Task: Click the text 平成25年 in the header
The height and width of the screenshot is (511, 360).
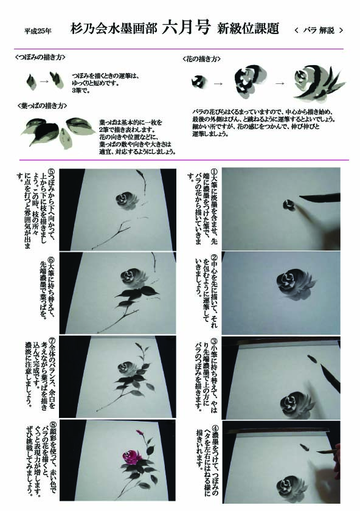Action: [x=38, y=31]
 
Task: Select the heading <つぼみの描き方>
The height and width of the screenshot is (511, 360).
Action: [x=40, y=57]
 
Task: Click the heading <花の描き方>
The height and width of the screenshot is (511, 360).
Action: [x=202, y=59]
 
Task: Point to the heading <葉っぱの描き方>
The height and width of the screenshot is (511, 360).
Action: [x=43, y=106]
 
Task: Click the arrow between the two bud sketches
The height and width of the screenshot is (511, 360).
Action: [x=44, y=80]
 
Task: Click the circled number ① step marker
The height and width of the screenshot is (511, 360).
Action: [x=213, y=172]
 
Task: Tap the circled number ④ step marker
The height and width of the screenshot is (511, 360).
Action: [x=215, y=428]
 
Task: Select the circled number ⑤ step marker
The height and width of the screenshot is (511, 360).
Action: [x=51, y=172]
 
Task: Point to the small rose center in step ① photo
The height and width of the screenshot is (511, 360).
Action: [x=289, y=204]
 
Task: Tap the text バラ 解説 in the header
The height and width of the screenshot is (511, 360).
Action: [x=318, y=30]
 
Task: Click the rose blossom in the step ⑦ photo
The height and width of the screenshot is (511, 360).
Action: [x=126, y=369]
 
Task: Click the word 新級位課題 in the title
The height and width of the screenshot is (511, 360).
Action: [x=248, y=29]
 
